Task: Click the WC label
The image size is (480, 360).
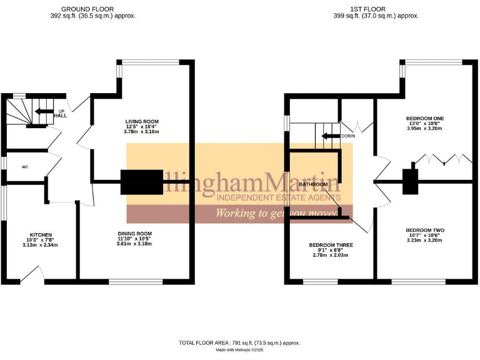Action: tap(25, 167)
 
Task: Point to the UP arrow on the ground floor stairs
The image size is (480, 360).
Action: tap(44, 112)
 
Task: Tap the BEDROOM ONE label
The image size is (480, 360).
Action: tap(425, 118)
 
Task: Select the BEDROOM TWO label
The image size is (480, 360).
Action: tap(425, 230)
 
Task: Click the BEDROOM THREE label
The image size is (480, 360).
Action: tap(331, 245)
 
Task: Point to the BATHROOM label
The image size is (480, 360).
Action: tap(313, 185)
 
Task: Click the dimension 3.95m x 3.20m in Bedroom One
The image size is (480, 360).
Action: tap(425, 129)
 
